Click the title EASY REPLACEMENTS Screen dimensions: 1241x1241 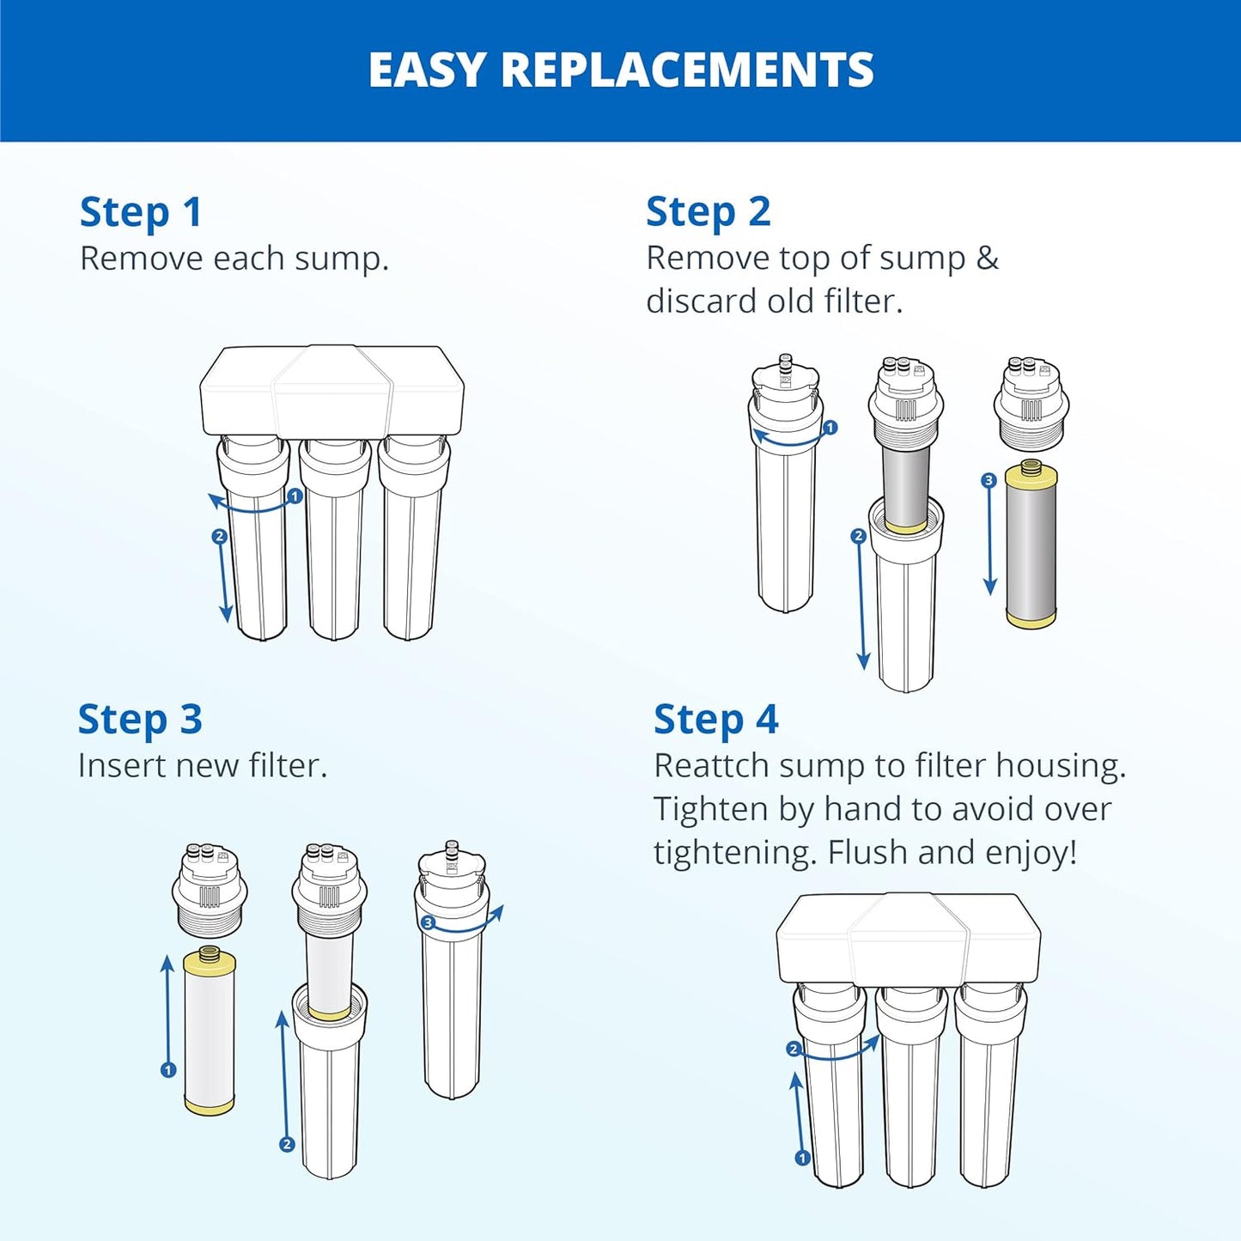(x=620, y=70)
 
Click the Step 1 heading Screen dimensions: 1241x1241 (x=141, y=212)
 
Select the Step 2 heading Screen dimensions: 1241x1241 (x=708, y=212)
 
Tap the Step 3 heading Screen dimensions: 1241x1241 (x=140, y=720)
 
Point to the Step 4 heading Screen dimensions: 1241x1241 (x=715, y=720)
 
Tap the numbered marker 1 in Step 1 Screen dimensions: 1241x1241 (x=295, y=496)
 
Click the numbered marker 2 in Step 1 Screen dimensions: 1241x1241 (x=219, y=537)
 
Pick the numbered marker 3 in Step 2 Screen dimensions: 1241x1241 (x=989, y=481)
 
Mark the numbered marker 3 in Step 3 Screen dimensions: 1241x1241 (x=428, y=923)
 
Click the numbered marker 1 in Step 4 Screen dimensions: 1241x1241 (x=802, y=1158)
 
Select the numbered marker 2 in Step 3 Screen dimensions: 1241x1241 (x=287, y=1144)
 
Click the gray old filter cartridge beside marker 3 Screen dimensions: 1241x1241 (x=1031, y=545)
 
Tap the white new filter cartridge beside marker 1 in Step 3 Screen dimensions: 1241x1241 (x=210, y=1031)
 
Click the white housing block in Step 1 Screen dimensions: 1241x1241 (x=332, y=391)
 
